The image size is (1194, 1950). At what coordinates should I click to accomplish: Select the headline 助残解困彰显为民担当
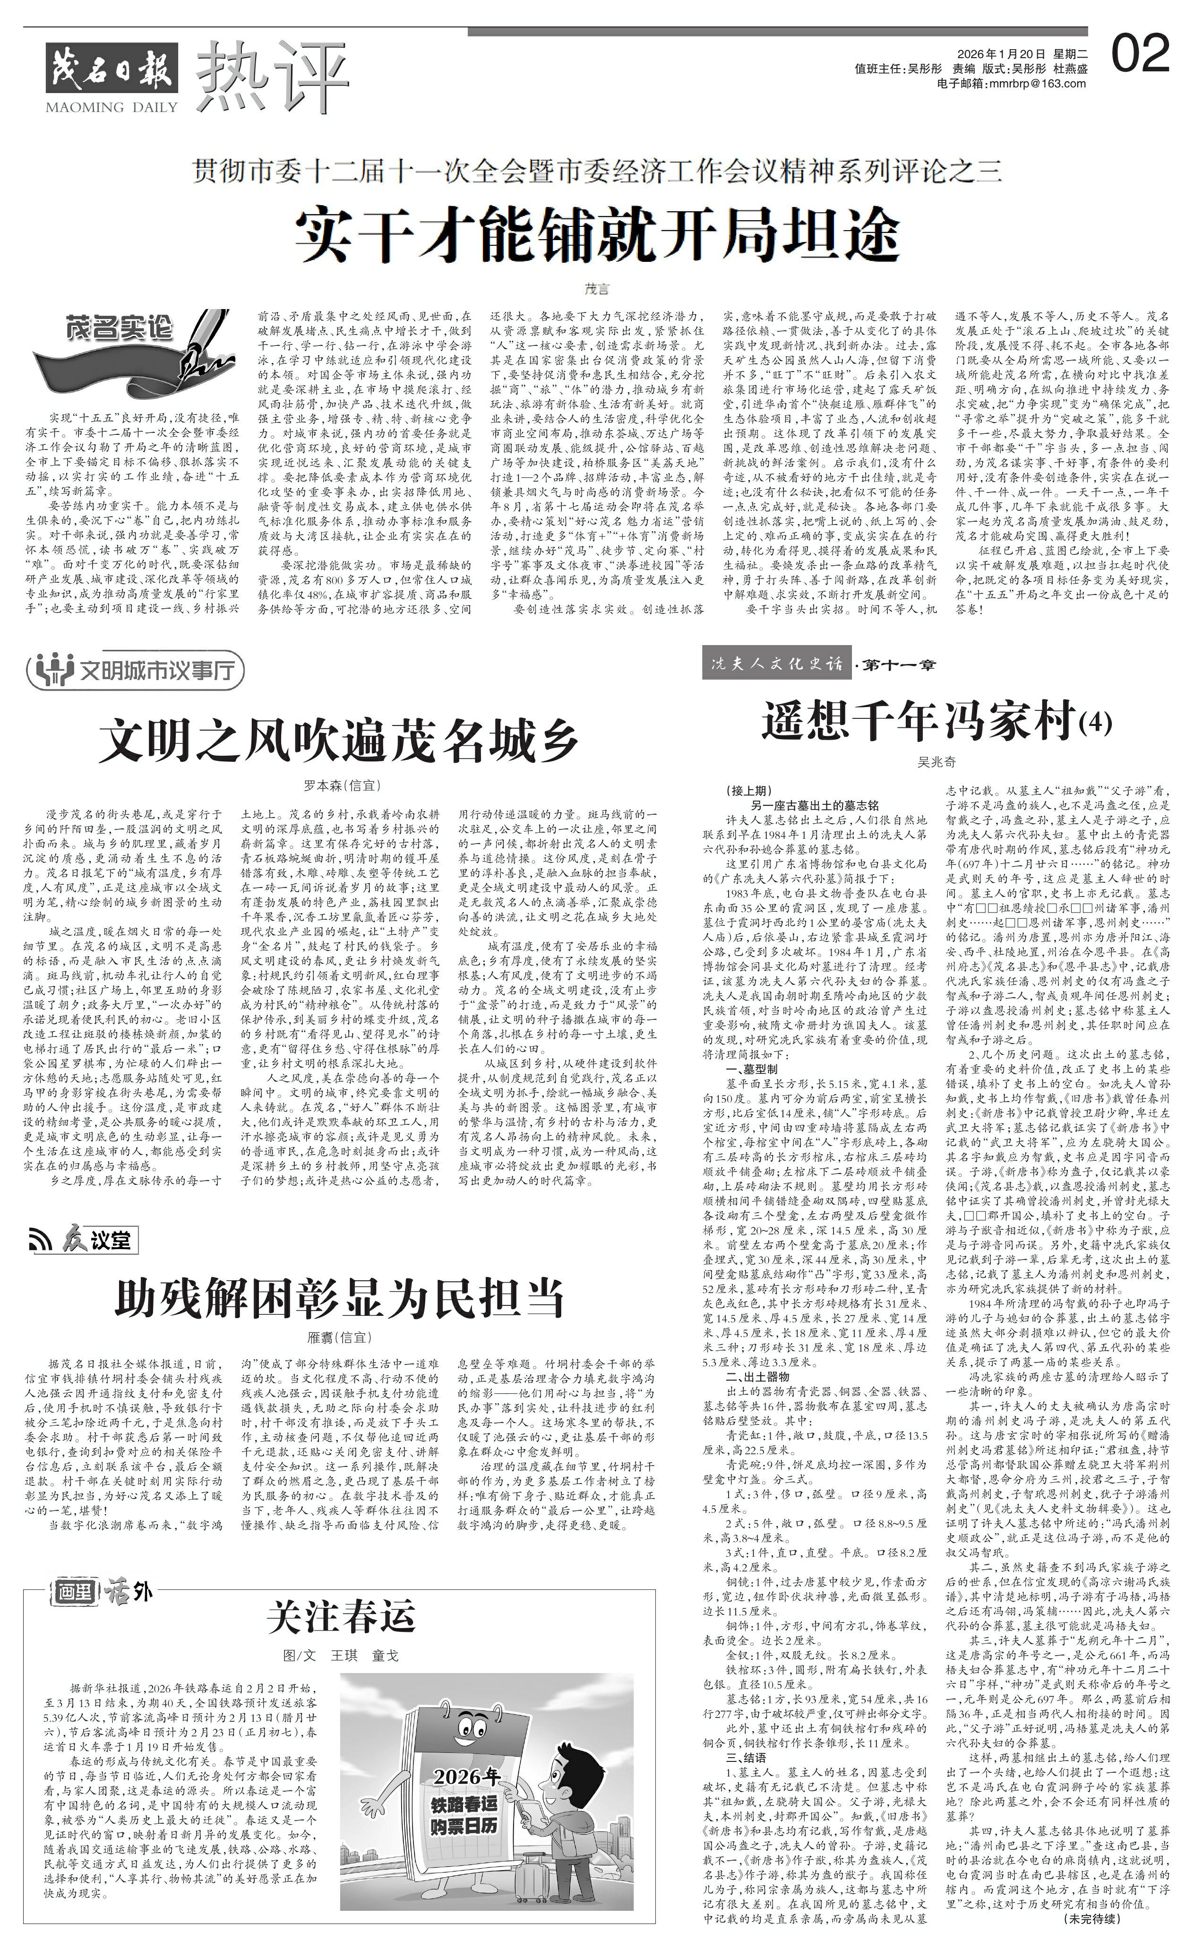(x=340, y=1298)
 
